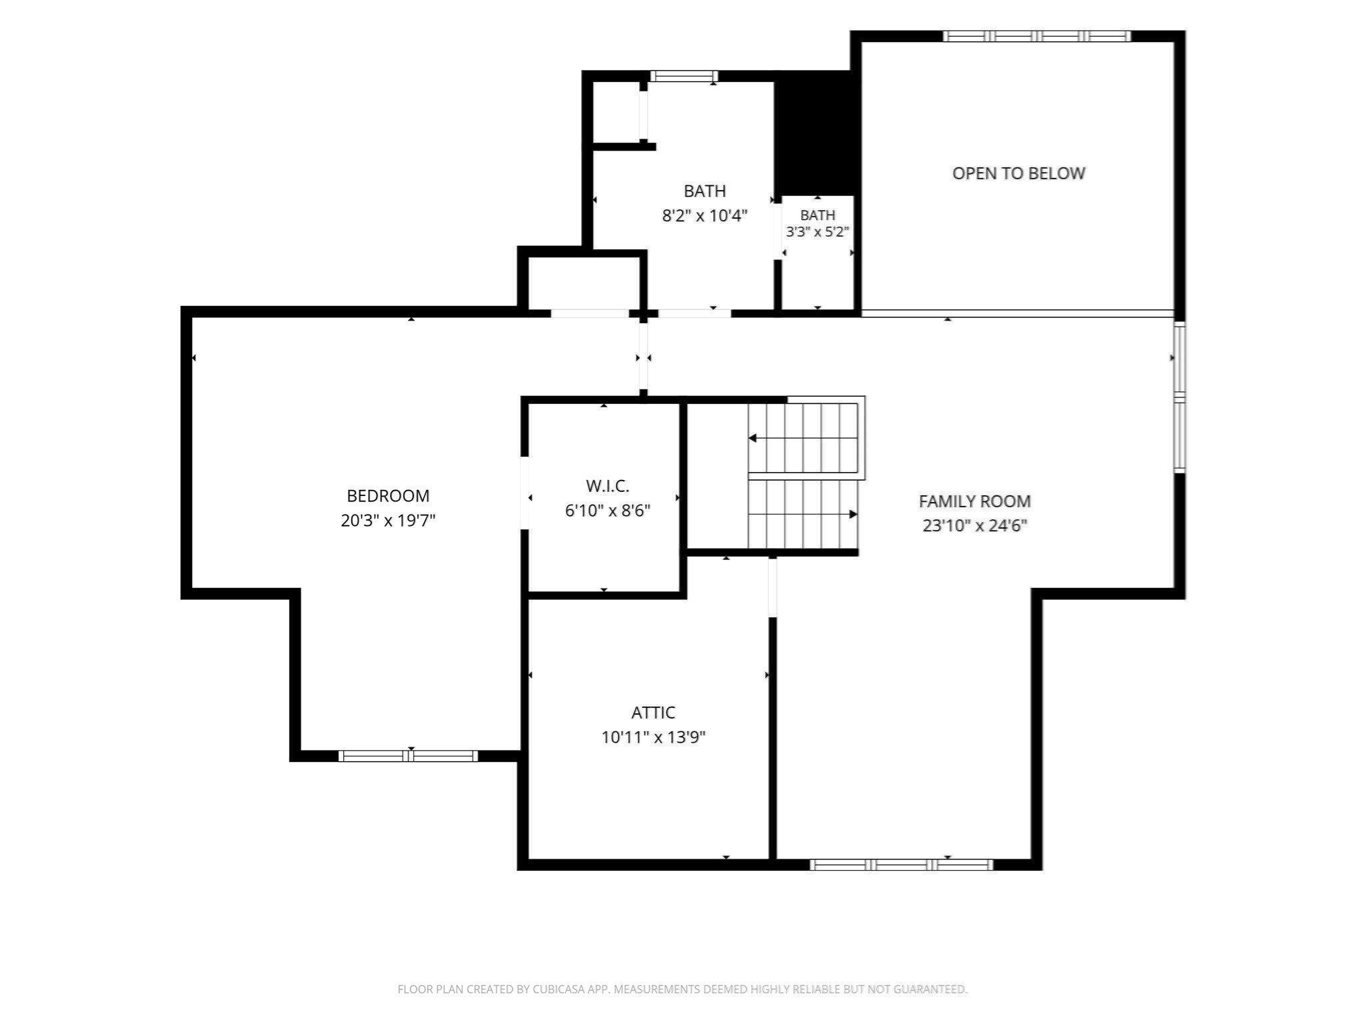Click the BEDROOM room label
(x=388, y=496)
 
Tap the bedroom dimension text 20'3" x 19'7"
(x=388, y=521)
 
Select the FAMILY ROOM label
(x=974, y=501)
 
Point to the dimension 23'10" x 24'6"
(x=974, y=526)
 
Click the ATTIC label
(x=653, y=713)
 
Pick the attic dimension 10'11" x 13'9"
(x=653, y=737)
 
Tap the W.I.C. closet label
(x=607, y=486)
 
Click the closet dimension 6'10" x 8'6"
(x=607, y=511)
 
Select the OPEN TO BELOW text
(x=1018, y=173)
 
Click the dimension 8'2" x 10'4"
(x=704, y=216)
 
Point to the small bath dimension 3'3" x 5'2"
(x=817, y=232)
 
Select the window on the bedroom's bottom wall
(x=408, y=756)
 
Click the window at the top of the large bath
(x=684, y=76)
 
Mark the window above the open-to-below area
(x=1036, y=36)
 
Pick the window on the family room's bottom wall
(x=901, y=865)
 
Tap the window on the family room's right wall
(x=1179, y=397)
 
